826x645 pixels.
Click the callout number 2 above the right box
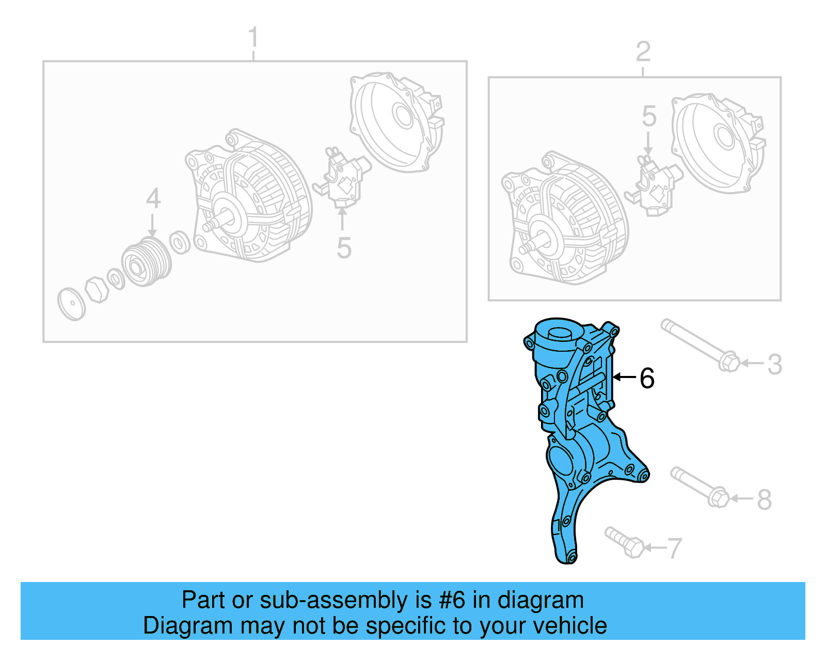pos(643,52)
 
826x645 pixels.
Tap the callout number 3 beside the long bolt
pos(774,365)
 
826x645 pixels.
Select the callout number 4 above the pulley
pos(153,198)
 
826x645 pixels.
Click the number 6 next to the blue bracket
pos(647,379)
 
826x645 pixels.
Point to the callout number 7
pos(674,548)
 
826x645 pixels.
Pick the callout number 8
pos(764,499)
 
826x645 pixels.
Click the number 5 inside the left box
pos(344,248)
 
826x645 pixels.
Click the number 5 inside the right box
pos(649,116)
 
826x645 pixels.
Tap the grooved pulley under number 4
pos(147,263)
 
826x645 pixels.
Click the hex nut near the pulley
pos(97,290)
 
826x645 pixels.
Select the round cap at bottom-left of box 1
pos(71,305)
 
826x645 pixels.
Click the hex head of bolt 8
pos(718,497)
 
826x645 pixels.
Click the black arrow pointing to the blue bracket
pos(624,377)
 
